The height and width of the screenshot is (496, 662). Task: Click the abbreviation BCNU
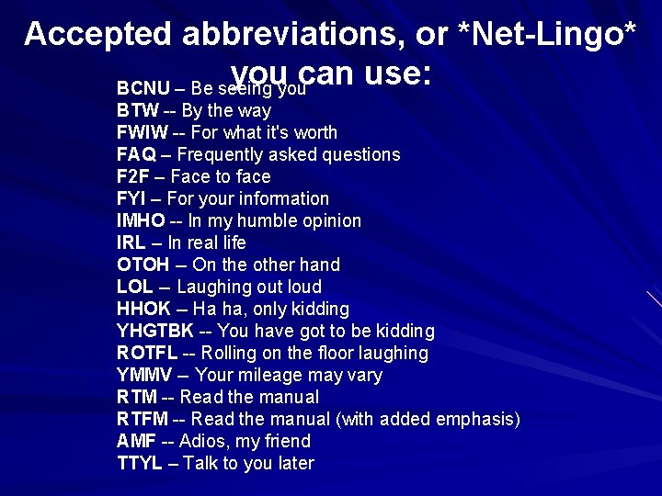(143, 89)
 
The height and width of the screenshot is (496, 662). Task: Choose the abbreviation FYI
(132, 199)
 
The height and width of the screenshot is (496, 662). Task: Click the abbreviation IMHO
(141, 221)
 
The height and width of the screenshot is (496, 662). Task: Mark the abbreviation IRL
(131, 243)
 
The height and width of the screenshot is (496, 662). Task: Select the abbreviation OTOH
(143, 265)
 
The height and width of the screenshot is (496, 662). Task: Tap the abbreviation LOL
(135, 287)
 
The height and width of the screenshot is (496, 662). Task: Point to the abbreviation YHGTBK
(155, 332)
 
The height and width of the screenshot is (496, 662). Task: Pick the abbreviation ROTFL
(147, 354)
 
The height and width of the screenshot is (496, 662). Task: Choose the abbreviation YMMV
(144, 376)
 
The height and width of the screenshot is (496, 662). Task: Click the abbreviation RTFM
(143, 420)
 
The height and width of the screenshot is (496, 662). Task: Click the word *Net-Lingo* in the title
(546, 34)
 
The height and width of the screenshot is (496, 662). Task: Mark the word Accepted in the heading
(98, 34)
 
